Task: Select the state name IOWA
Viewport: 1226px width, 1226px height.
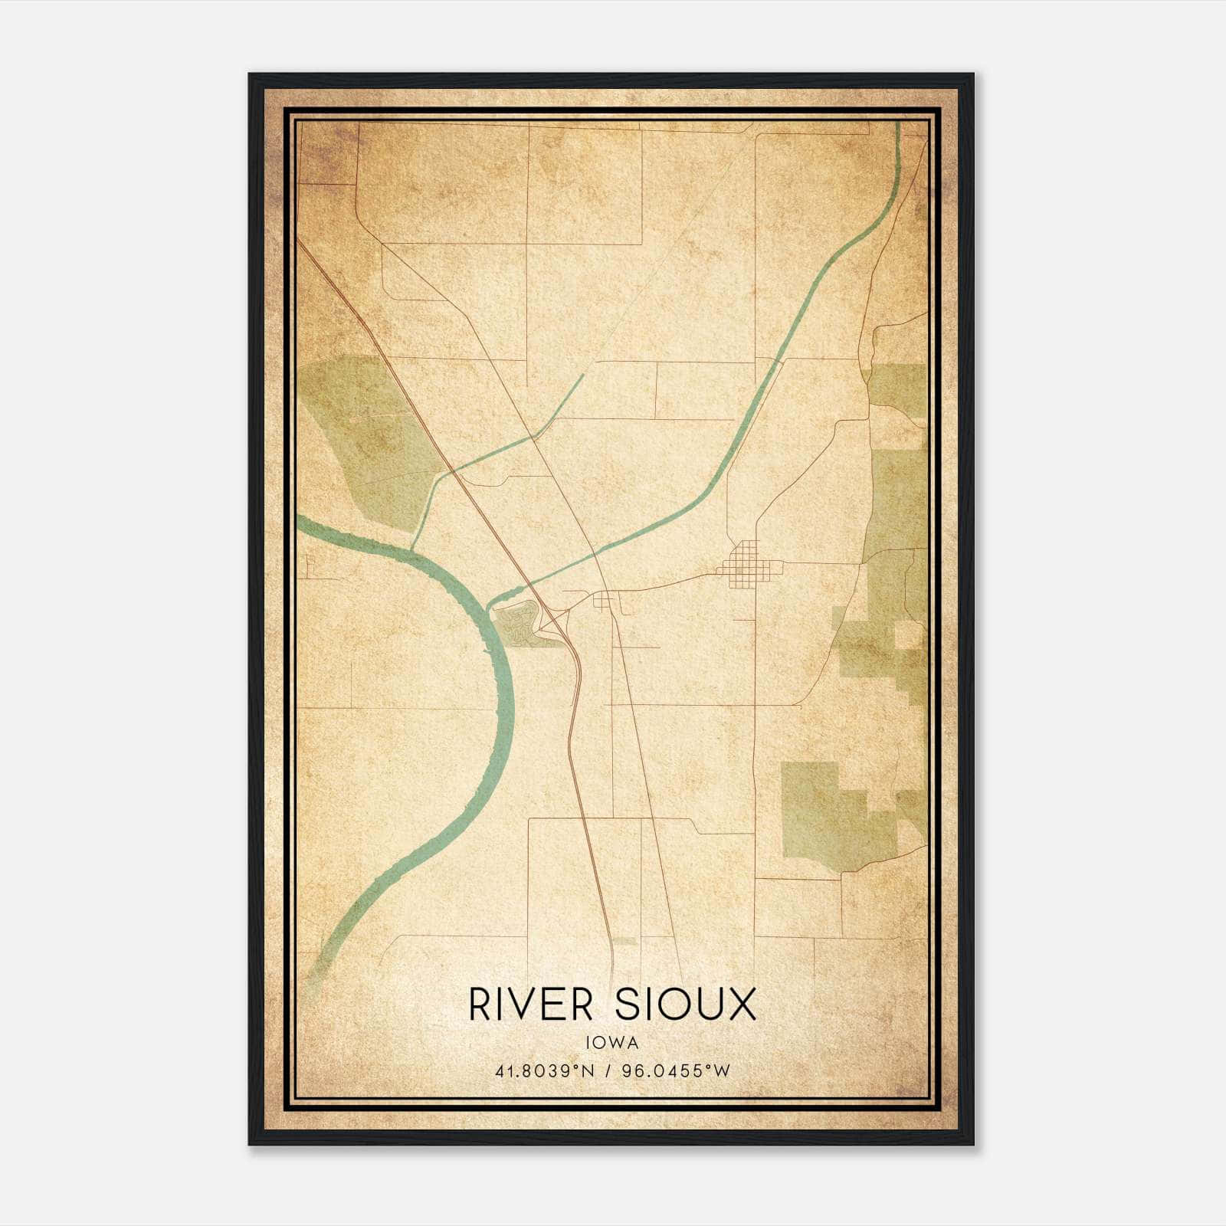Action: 612,1042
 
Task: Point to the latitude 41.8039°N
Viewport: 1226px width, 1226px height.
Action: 545,1070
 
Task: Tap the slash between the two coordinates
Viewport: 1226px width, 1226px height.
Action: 607,1070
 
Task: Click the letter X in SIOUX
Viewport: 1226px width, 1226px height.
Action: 741,1005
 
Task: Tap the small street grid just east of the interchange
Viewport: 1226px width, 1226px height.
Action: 605,600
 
